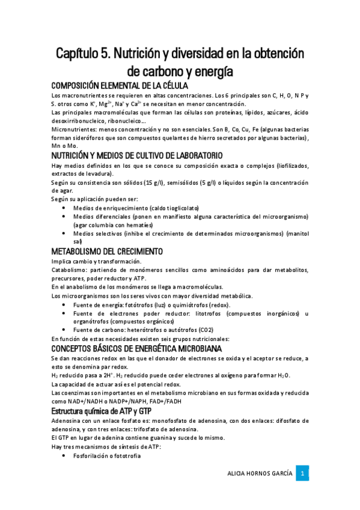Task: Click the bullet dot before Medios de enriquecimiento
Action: (64, 207)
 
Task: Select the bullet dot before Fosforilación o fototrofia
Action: (64, 456)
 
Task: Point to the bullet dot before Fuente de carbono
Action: (64, 330)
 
